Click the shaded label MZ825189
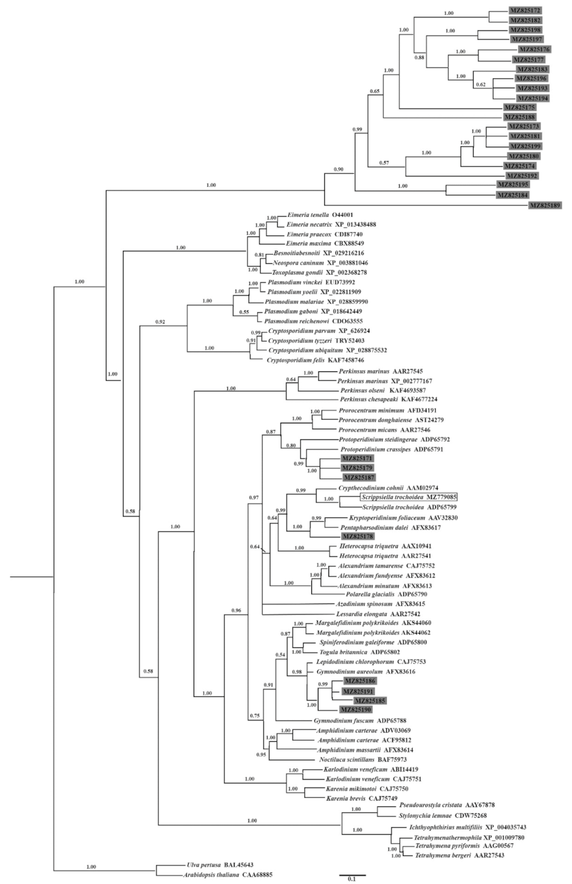click(x=545, y=205)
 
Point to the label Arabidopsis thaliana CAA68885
click(x=221, y=875)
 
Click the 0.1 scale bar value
click(x=352, y=879)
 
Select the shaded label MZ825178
click(x=358, y=537)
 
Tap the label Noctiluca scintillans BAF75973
click(x=364, y=759)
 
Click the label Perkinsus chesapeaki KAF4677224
click(x=385, y=400)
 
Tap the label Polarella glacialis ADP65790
click(x=383, y=595)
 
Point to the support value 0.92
click(x=159, y=322)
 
